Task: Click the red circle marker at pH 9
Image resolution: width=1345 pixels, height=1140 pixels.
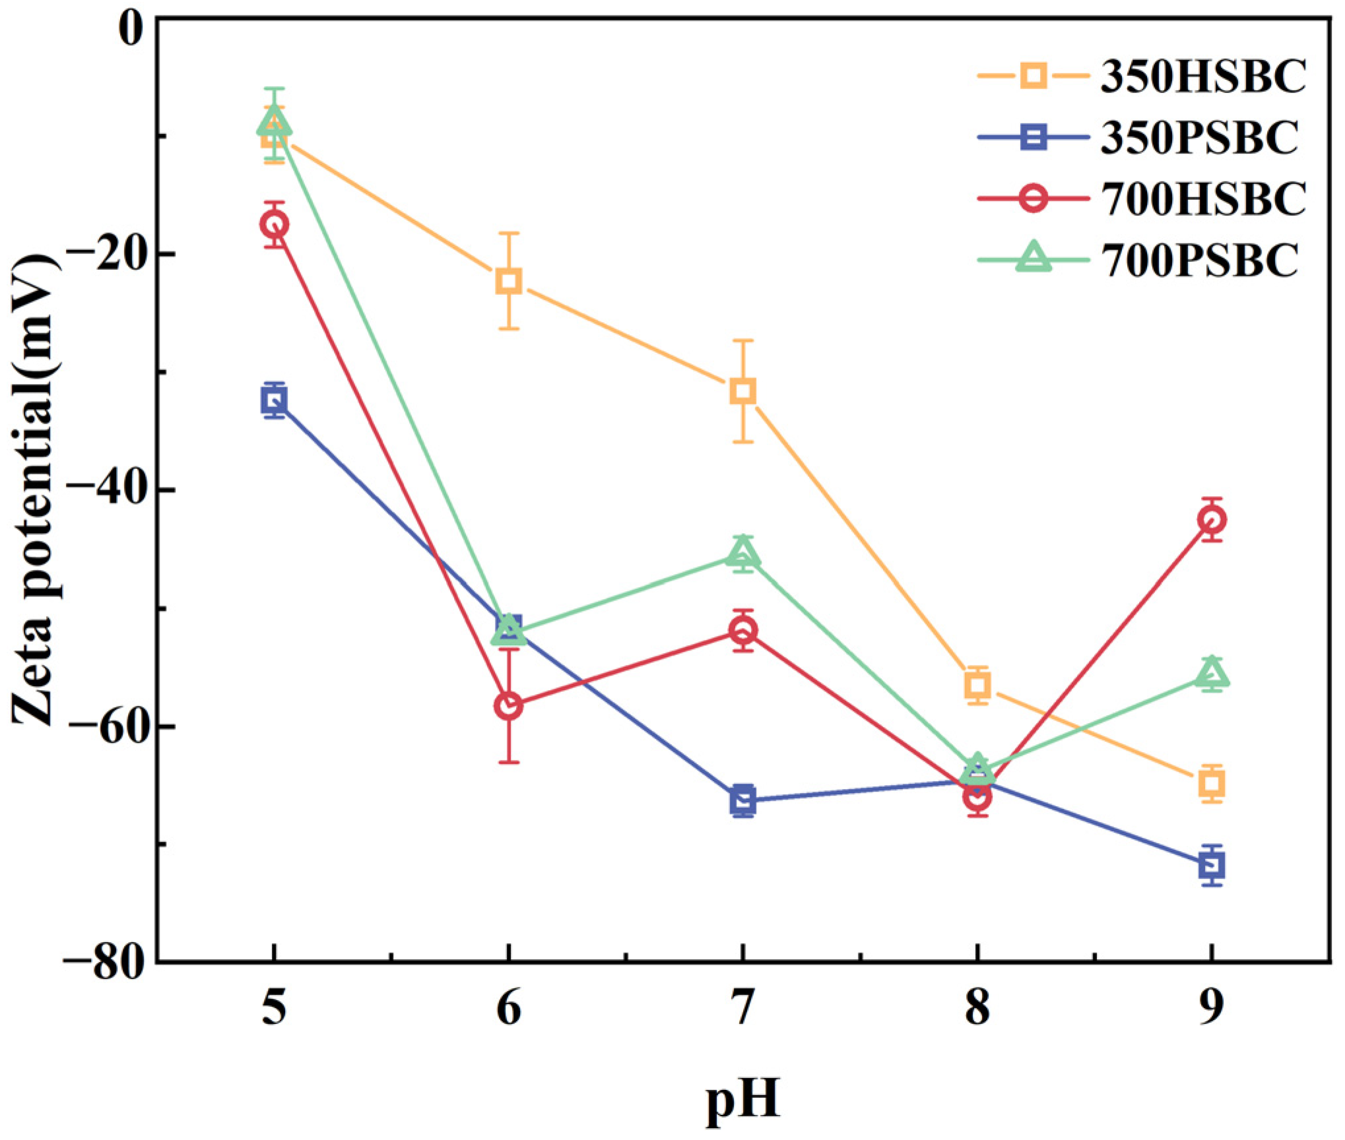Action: (x=1212, y=520)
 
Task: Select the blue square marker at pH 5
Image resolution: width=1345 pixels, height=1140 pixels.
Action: (x=274, y=400)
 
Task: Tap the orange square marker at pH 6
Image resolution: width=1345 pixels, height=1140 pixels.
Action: (x=508, y=280)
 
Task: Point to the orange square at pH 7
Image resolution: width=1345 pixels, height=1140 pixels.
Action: (x=743, y=391)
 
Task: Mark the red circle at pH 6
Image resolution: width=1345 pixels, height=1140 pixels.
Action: (x=508, y=706)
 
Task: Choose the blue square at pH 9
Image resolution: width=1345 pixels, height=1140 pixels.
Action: (x=1212, y=864)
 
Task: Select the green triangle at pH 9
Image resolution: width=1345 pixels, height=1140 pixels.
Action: (x=1212, y=674)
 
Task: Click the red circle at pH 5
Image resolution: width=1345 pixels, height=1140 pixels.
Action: (x=274, y=225)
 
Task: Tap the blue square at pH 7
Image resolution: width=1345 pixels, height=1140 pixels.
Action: (x=743, y=800)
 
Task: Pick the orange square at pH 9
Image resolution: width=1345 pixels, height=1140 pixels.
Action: (x=1212, y=784)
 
